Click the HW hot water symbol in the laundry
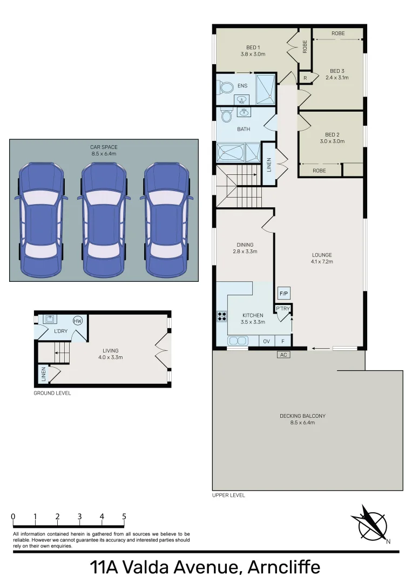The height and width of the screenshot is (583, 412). pyautogui.click(x=78, y=321)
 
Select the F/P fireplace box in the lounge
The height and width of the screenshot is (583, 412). pyautogui.click(x=284, y=294)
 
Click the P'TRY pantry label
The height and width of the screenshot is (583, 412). pyautogui.click(x=283, y=309)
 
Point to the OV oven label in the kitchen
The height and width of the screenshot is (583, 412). pyautogui.click(x=267, y=341)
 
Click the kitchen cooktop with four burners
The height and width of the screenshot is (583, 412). pyautogui.click(x=221, y=316)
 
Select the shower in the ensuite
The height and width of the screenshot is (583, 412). pyautogui.click(x=266, y=89)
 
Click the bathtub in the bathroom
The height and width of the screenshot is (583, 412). pyautogui.click(x=231, y=152)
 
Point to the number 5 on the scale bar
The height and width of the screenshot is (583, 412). pyautogui.click(x=124, y=517)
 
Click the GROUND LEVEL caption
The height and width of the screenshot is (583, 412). pyautogui.click(x=52, y=393)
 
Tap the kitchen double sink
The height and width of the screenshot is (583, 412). pyautogui.click(x=237, y=341)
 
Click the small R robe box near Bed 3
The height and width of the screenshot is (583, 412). pyautogui.click(x=305, y=78)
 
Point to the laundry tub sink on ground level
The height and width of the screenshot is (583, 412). pyautogui.click(x=48, y=319)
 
